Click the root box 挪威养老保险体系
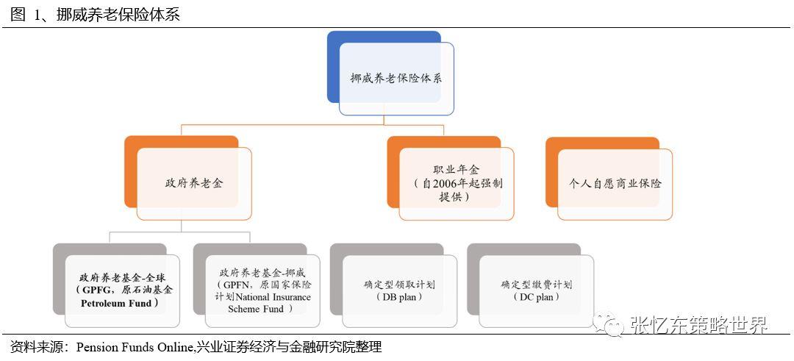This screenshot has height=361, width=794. click(396, 78)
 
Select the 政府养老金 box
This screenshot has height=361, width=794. click(194, 183)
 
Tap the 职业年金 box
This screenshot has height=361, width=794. click(457, 183)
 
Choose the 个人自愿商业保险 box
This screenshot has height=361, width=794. click(615, 183)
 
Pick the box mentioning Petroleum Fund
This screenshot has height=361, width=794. click(122, 290)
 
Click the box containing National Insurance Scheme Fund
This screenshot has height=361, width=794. click(262, 290)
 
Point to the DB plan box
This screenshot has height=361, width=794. click(399, 290)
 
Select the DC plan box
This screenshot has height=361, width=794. click(536, 290)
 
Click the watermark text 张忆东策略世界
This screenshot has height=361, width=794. click(698, 324)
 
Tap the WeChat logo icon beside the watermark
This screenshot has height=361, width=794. click(609, 324)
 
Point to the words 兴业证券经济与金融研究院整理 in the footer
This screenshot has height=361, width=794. click(289, 347)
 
